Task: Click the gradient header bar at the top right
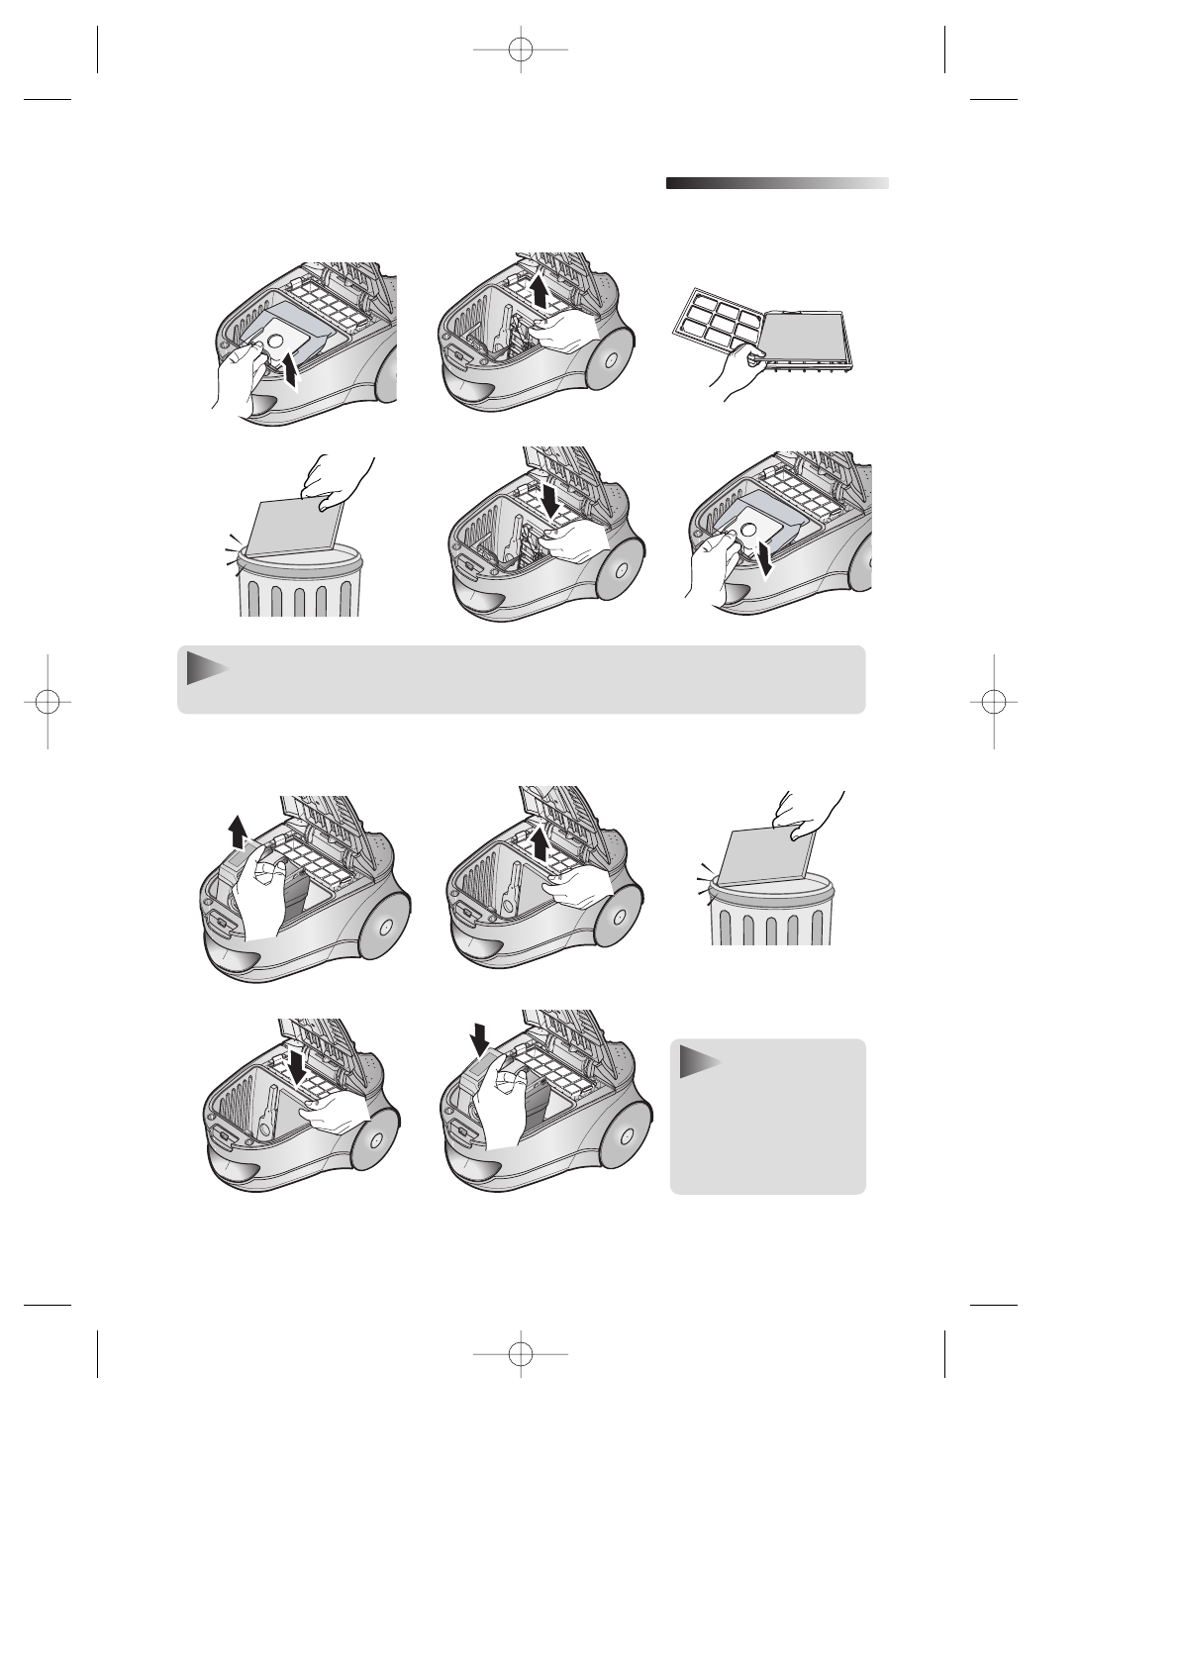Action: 777,183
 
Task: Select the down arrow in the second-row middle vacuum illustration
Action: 547,499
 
